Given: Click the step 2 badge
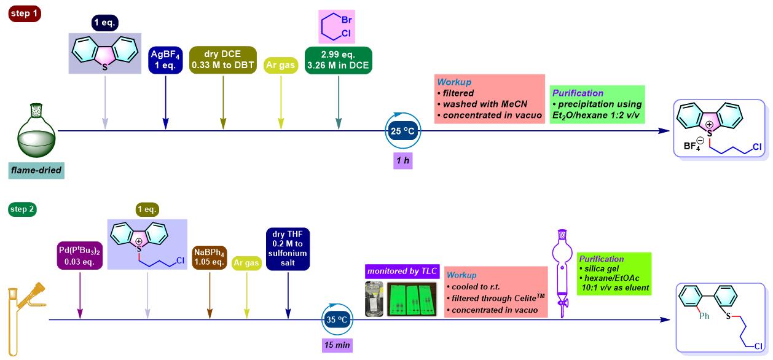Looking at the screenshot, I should coord(21,209).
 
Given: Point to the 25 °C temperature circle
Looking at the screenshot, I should coord(403,131).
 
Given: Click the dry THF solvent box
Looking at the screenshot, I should coord(288,249).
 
